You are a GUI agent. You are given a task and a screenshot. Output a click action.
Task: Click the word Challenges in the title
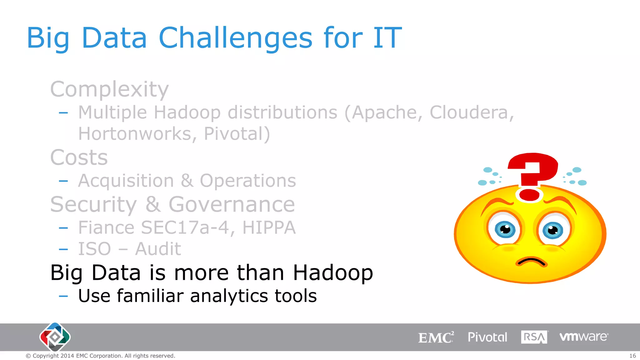[x=235, y=38]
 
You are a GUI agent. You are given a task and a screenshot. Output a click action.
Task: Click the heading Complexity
[x=109, y=89]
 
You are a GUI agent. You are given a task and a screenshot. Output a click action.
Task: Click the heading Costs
[x=79, y=157]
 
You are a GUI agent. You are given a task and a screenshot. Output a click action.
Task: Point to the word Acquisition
[x=126, y=181]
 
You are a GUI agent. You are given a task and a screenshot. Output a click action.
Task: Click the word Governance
[x=232, y=204]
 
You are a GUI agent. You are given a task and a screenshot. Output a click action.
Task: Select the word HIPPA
[x=269, y=227]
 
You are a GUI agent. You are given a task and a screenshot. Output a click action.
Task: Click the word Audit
[x=158, y=249]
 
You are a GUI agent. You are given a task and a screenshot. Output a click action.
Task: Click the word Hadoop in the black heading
[x=333, y=273]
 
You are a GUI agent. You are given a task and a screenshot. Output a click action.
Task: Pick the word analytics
[x=229, y=296]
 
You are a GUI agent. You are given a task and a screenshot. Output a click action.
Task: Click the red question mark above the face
[x=532, y=175]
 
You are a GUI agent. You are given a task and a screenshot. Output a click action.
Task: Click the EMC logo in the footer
[x=436, y=337]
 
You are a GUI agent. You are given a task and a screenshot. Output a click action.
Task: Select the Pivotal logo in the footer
[x=487, y=337]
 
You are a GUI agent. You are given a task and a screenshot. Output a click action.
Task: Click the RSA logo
[x=534, y=337]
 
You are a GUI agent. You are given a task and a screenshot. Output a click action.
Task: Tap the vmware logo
[x=583, y=337]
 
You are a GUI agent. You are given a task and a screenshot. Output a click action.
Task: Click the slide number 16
[x=632, y=356]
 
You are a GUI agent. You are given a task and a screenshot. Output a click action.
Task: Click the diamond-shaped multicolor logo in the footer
[x=55, y=337]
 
